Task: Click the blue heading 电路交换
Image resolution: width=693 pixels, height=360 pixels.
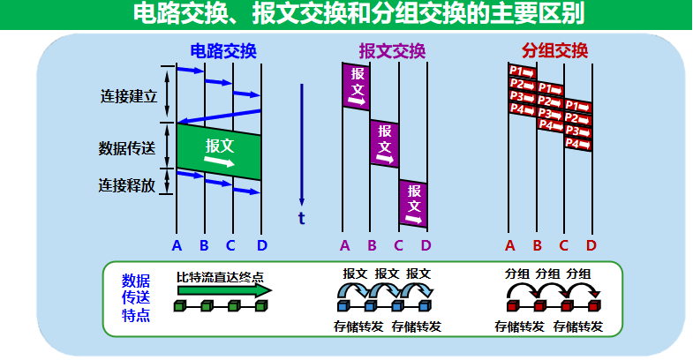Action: coord(222,50)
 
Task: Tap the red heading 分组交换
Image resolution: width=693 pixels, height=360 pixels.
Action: coord(554,50)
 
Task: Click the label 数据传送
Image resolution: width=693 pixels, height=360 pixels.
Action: coord(127,147)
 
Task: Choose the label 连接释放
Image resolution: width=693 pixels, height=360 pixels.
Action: coord(127,185)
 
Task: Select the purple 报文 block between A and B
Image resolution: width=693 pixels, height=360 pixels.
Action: coord(357,86)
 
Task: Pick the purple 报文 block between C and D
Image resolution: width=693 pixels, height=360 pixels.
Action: coord(412,202)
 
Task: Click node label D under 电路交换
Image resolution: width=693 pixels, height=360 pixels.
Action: coord(261,244)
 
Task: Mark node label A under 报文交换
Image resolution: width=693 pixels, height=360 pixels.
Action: coord(344,244)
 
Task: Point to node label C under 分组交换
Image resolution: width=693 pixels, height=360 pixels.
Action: coord(564,244)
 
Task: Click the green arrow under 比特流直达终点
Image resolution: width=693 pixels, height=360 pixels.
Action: coord(225,289)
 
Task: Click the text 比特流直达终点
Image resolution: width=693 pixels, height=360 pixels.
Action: coord(220,275)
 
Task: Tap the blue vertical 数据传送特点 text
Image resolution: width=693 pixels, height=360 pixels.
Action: coord(135,297)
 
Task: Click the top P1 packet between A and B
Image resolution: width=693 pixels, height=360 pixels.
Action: coord(523,71)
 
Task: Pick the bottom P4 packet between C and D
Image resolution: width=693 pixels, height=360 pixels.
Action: coord(577,143)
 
